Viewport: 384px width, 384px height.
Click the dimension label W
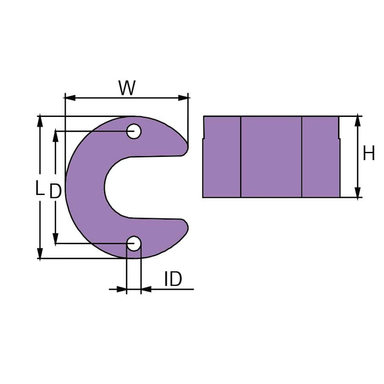point(127,88)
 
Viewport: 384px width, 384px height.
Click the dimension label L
point(40,188)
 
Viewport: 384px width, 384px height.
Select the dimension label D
point(55,192)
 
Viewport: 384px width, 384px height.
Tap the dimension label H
point(369,154)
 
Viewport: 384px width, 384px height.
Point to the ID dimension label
point(173,279)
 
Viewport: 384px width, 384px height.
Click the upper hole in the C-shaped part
point(134,131)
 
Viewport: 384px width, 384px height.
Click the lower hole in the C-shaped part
point(134,244)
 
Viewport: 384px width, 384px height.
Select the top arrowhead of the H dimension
point(358,121)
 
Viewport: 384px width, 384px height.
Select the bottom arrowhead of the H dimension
point(358,192)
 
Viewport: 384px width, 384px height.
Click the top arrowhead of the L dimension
point(40,121)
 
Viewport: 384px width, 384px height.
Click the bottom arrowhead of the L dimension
point(40,253)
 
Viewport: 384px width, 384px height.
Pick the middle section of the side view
point(271,157)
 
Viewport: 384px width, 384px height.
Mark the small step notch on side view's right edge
point(339,138)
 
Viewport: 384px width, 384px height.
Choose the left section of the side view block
point(222,162)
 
